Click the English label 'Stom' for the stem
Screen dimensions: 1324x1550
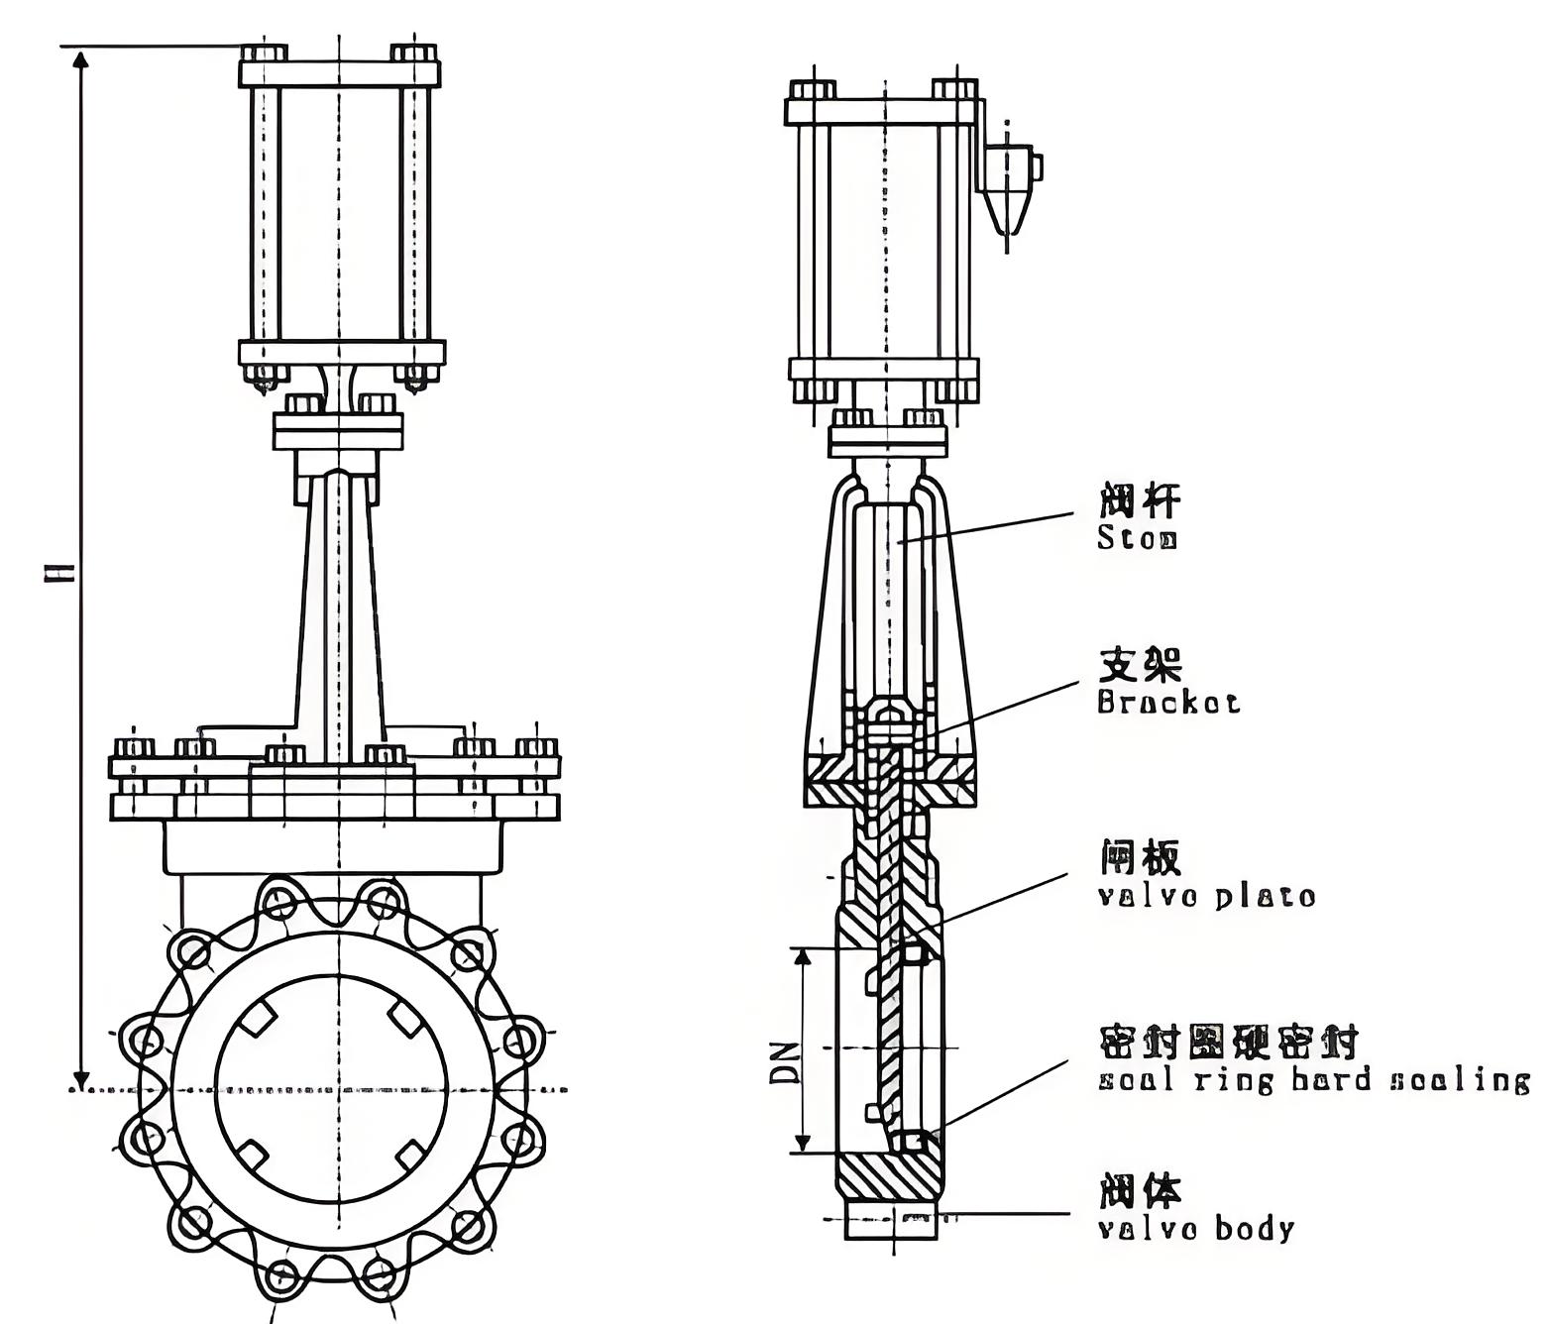click(1137, 539)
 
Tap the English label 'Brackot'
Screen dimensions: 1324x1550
click(1167, 703)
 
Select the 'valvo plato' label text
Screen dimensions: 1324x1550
click(1206, 897)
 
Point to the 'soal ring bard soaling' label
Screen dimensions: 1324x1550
click(1313, 1079)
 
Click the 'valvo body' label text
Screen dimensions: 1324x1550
click(1195, 1230)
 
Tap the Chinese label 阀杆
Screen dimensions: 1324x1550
click(1140, 501)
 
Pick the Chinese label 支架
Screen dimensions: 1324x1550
click(1141, 665)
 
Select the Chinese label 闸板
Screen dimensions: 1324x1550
click(1140, 858)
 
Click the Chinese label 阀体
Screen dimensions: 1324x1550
click(1140, 1191)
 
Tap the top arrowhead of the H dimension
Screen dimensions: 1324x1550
click(82, 57)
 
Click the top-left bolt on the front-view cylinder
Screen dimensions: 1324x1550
click(264, 53)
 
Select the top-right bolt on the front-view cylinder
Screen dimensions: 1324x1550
click(414, 53)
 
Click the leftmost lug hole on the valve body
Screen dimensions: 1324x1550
click(147, 1042)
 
